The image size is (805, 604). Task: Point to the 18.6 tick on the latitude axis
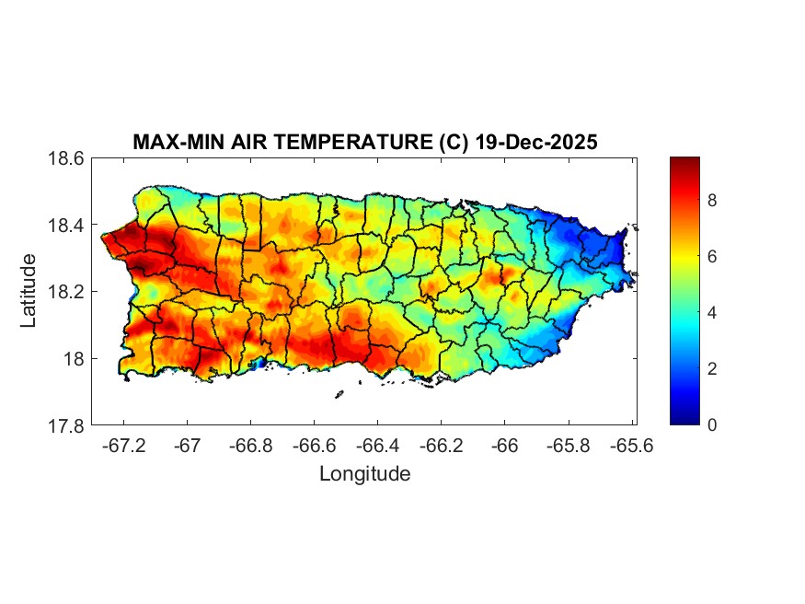66,158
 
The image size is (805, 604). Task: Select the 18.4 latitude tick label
66,226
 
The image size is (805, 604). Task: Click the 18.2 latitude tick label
66,292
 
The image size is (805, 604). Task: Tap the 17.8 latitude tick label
66,425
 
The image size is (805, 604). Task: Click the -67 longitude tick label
188,446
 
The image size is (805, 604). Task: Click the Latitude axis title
29,291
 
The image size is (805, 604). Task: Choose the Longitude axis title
364,474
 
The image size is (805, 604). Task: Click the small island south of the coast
339,395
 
